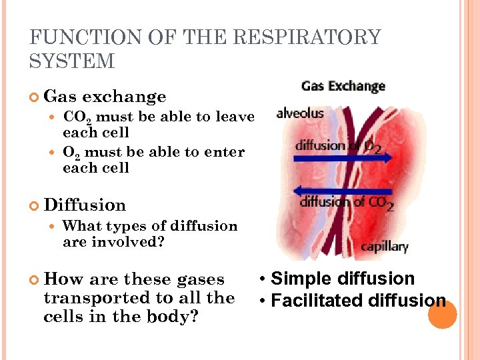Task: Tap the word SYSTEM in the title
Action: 72,62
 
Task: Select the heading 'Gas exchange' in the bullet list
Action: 105,97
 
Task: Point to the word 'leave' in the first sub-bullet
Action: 234,117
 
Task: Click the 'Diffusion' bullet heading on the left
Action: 85,205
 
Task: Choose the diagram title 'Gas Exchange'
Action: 343,86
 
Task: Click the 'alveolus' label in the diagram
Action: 300,113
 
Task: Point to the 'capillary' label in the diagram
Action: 385,247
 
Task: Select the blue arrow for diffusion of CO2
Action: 347,189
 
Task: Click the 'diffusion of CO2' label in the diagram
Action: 347,202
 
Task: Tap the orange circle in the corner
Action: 442,315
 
